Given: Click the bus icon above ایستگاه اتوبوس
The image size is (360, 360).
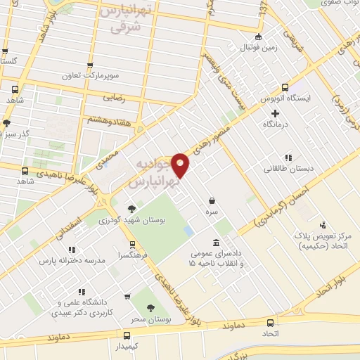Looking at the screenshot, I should [x=285, y=88].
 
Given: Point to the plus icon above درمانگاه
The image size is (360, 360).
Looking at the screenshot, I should [x=275, y=112].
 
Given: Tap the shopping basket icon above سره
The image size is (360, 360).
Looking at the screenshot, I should [x=212, y=200].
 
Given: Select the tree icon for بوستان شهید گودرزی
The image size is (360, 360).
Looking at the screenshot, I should [x=132, y=208].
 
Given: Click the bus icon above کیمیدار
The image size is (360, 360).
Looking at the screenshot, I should [x=127, y=335].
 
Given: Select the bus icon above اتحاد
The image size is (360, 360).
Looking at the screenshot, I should [x=271, y=323].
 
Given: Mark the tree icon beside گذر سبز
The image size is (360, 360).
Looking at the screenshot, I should [x=7, y=123].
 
